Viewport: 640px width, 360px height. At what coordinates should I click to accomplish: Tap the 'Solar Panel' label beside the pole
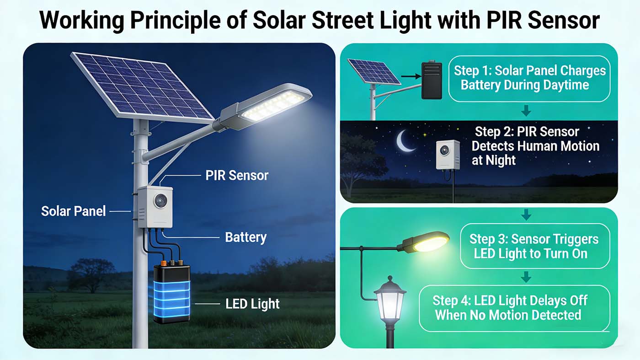click(x=74, y=211)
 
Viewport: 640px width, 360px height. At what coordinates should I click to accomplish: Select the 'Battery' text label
click(x=245, y=237)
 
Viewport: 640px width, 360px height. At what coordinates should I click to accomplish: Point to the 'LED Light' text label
click(x=252, y=304)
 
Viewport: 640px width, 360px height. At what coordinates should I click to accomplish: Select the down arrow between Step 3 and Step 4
click(x=526, y=277)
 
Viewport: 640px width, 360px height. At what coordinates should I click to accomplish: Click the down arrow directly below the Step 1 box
click(x=526, y=110)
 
